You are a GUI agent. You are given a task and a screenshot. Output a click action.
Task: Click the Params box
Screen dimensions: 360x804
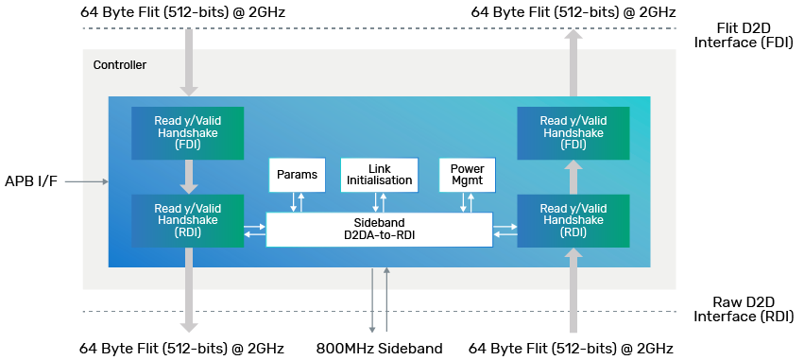[x=297, y=174]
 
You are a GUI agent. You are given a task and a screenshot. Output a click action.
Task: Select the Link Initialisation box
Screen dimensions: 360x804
[x=378, y=174]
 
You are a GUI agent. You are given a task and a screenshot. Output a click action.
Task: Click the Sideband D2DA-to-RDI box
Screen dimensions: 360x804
[x=379, y=230]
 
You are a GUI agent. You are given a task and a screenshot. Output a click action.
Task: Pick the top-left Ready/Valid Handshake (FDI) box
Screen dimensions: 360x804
[x=188, y=133]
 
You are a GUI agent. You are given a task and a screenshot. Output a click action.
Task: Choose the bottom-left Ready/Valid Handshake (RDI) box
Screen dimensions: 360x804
[x=188, y=221]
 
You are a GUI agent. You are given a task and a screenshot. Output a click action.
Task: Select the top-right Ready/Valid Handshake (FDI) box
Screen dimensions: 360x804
[x=573, y=133]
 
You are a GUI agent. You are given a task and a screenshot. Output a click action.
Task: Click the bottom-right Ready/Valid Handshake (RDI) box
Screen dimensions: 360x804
[x=573, y=221]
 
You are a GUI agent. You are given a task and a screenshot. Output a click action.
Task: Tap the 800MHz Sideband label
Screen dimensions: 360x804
[x=379, y=349]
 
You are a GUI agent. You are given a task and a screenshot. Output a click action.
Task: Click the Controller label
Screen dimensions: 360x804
[x=120, y=65]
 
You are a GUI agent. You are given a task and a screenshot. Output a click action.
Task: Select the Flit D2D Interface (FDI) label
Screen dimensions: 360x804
[x=737, y=35]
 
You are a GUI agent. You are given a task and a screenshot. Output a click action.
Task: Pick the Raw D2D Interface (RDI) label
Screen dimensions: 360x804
[x=737, y=308]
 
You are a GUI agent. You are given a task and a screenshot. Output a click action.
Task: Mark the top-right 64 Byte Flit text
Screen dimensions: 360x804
[x=571, y=11]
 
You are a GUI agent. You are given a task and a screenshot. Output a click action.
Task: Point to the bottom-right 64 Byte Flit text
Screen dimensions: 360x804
[x=571, y=349]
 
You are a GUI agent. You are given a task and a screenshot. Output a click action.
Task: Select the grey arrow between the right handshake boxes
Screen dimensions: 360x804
[x=573, y=177]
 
